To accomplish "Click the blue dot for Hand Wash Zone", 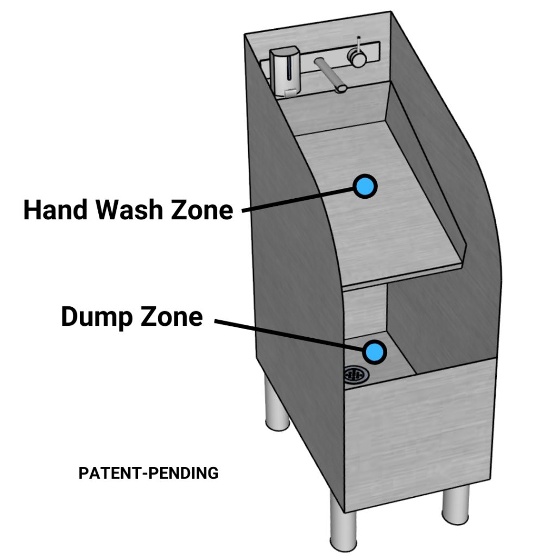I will click(x=365, y=187).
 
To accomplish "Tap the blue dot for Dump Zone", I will click(x=374, y=352).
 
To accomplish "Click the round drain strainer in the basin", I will click(x=356, y=374).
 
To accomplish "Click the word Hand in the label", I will click(x=52, y=210).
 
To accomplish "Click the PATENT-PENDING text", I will click(x=148, y=473).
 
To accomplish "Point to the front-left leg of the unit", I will click(x=342, y=527).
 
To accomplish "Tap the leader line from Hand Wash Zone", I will click(x=299, y=199).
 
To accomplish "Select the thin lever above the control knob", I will click(x=358, y=42).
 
